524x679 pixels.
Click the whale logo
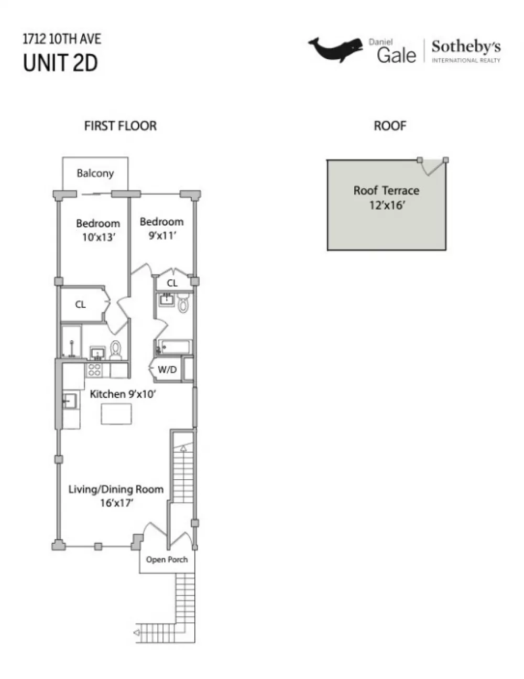click(x=336, y=50)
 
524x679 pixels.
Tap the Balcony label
click(x=95, y=173)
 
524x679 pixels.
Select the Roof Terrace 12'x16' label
click(x=386, y=198)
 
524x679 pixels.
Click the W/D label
click(x=167, y=370)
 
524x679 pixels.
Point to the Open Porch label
click(x=167, y=559)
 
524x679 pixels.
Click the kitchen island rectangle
click(x=116, y=414)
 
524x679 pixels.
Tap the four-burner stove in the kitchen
click(x=94, y=370)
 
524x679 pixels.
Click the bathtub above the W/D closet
click(x=173, y=347)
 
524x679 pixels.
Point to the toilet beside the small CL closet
click(x=183, y=303)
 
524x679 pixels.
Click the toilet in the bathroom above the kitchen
click(x=116, y=350)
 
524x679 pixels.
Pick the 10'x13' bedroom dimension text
click(x=99, y=237)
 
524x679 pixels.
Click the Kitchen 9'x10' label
click(x=123, y=394)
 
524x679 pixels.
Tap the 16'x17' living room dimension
click(x=116, y=503)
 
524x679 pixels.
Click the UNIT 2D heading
click(x=60, y=62)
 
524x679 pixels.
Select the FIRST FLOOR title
click(x=120, y=126)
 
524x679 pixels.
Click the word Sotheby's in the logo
click(x=466, y=47)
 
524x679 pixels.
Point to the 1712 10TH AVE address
click(x=62, y=39)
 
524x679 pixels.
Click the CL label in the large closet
click(x=80, y=304)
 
